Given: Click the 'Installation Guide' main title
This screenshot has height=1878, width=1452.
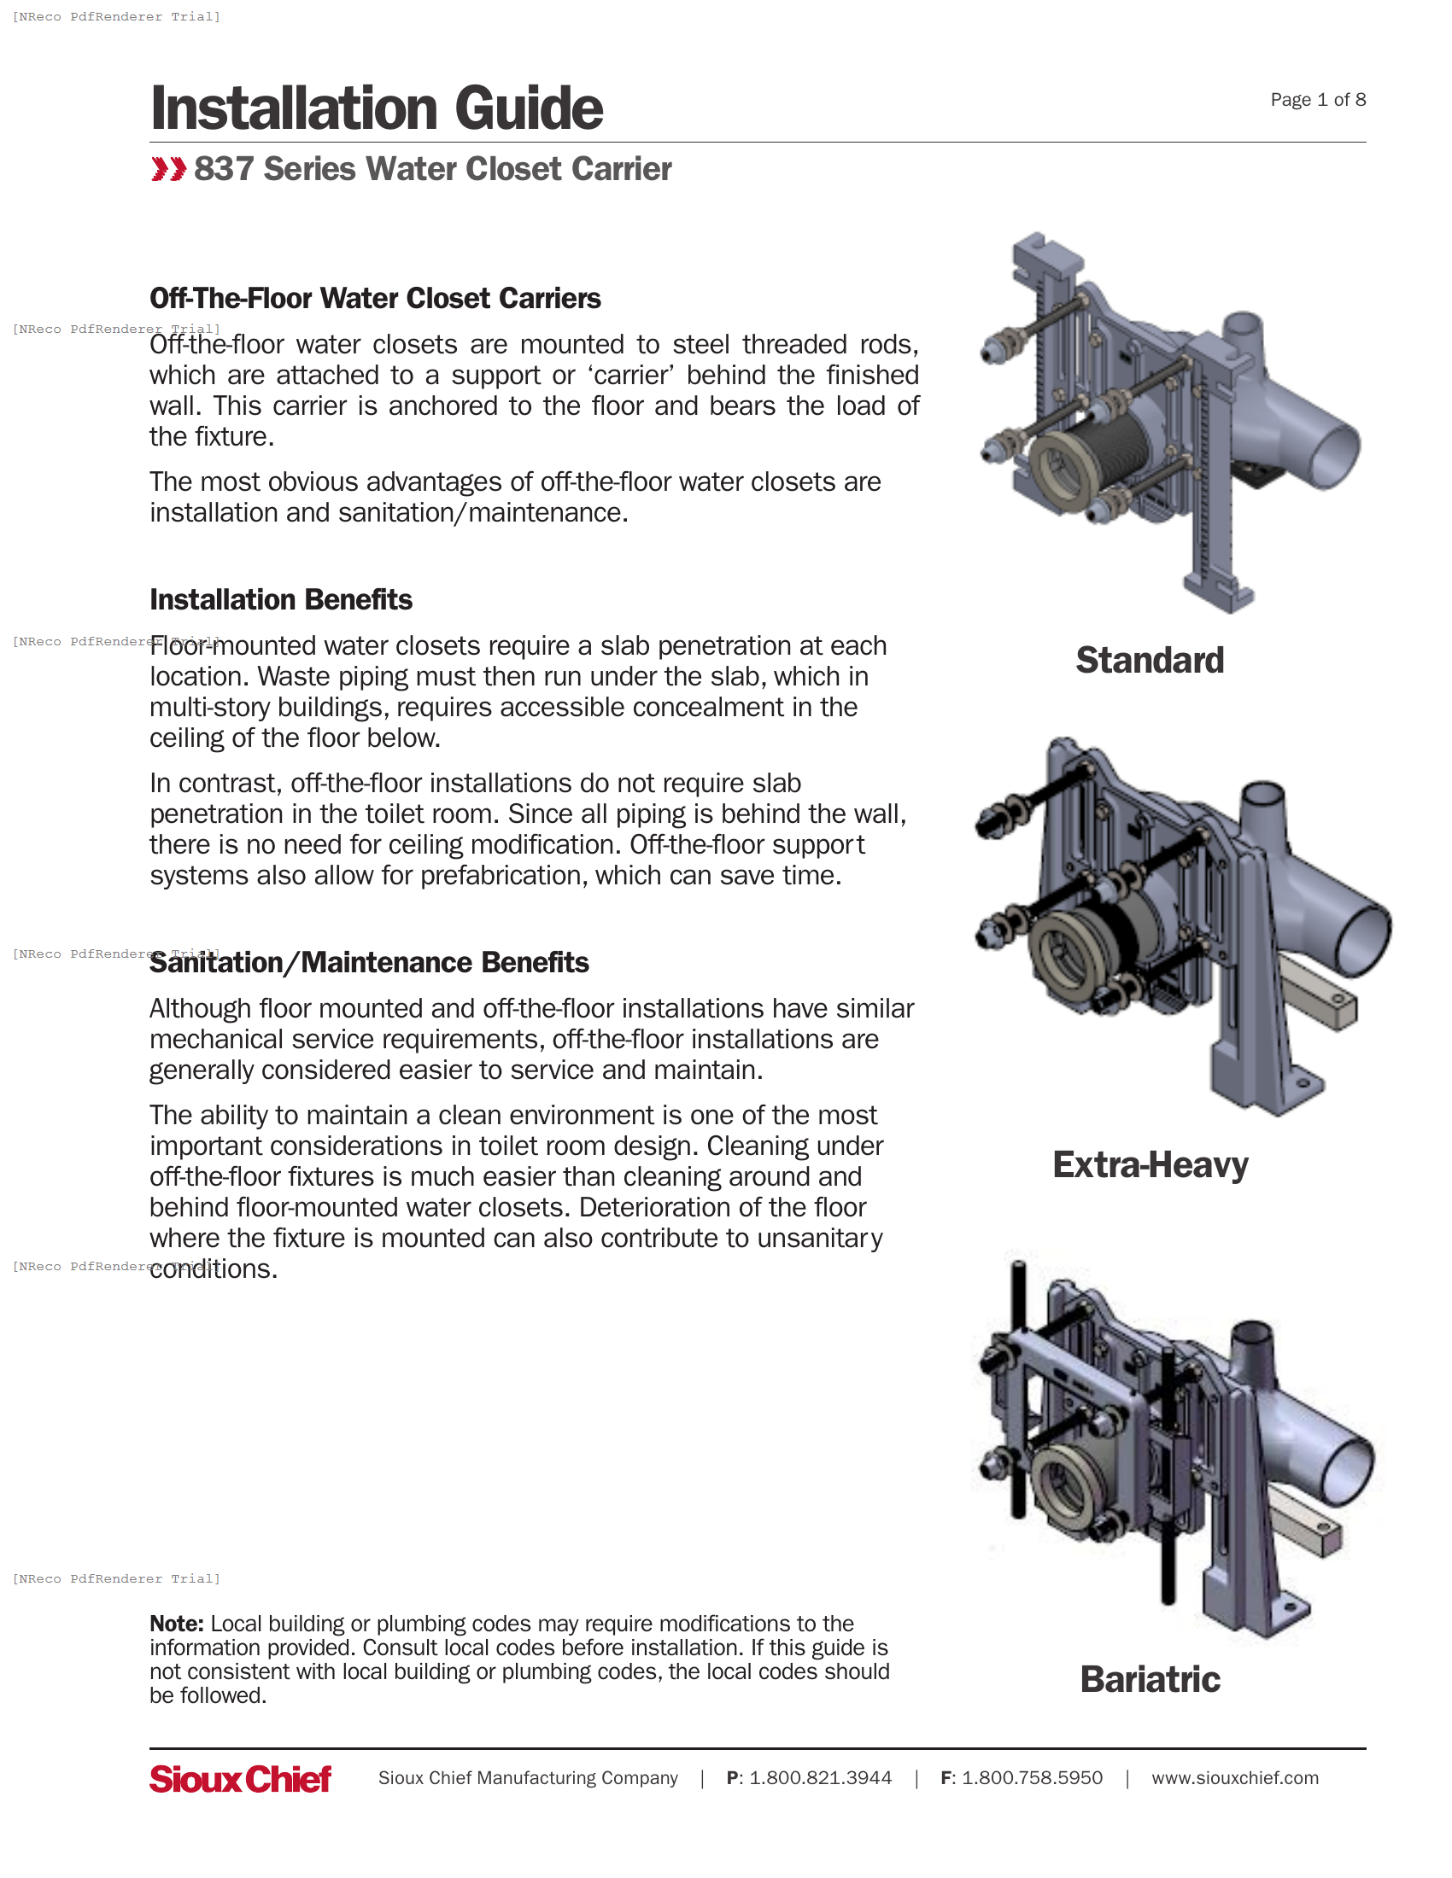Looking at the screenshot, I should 376,108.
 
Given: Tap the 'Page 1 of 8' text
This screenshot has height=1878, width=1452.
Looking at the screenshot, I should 1317,100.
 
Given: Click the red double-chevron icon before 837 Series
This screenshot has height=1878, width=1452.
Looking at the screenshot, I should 167,169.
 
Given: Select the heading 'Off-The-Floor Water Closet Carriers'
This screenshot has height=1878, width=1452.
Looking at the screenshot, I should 375,299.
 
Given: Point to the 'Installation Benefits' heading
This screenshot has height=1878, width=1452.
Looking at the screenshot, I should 280,599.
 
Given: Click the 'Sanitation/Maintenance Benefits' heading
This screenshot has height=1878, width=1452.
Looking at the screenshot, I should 369,962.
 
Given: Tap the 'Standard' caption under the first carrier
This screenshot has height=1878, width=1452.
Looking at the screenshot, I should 1149,661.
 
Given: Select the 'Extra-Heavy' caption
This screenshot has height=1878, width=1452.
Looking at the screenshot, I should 1150,1164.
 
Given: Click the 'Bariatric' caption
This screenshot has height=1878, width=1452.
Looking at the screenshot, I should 1150,1678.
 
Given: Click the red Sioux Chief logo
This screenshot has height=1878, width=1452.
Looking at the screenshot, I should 240,1778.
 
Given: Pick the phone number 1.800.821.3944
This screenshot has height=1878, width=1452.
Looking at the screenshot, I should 820,1777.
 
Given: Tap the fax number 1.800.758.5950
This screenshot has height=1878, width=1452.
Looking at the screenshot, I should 1032,1777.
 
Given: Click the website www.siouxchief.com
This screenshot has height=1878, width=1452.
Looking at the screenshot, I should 1234,1777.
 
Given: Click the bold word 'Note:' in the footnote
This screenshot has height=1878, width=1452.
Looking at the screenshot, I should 176,1624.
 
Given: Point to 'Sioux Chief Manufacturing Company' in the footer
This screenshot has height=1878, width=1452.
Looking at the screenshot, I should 527,1777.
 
